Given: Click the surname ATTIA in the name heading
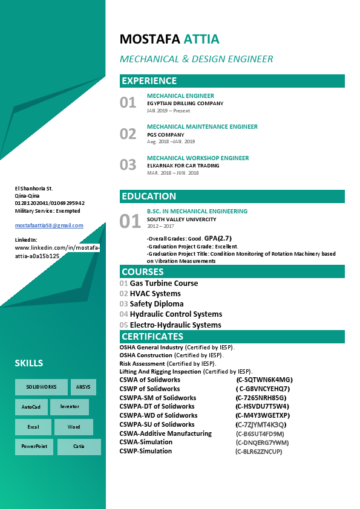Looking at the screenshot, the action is click(201, 40).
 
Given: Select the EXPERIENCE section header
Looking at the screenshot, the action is click(149, 81).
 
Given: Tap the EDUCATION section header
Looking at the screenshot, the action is click(149, 196).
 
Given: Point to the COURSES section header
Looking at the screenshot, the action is click(142, 272).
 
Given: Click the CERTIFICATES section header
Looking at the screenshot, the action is click(152, 337).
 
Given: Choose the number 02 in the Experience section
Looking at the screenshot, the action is click(128, 134).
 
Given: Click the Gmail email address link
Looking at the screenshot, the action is click(49, 225).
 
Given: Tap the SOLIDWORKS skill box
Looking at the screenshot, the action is click(41, 387).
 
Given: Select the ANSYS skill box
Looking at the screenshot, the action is click(83, 387).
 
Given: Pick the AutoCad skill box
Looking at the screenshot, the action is click(31, 407).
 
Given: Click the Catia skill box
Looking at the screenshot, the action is click(79, 447).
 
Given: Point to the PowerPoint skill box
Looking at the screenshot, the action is click(34, 447).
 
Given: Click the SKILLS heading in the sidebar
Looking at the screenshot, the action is click(29, 363).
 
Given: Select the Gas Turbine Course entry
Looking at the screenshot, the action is click(163, 284).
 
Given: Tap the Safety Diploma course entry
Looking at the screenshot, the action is click(156, 304).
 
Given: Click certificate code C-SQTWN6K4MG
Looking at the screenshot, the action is click(264, 380).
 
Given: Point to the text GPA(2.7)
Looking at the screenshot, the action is click(218, 238).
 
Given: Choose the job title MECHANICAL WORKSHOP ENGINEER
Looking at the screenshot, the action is click(198, 158).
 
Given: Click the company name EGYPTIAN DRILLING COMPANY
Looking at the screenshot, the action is click(185, 103).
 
